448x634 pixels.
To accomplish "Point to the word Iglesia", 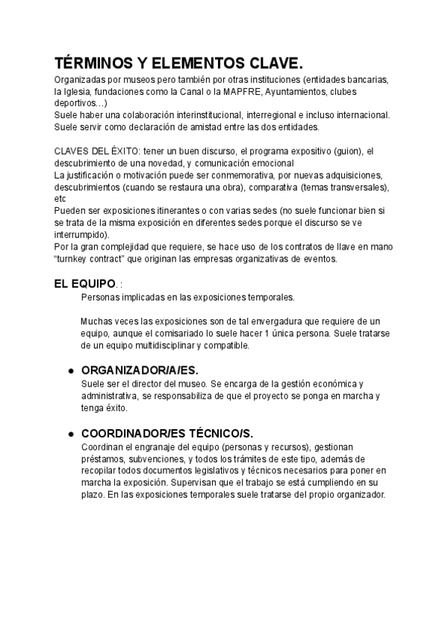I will [x=81, y=91].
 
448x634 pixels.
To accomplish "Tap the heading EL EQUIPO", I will [x=84, y=284].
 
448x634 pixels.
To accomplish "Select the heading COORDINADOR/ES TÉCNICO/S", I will [x=167, y=433].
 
